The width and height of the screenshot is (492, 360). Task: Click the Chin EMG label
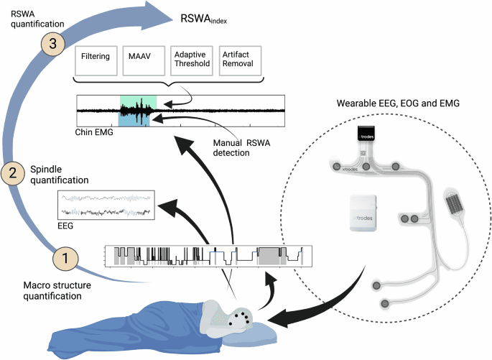pos(94,133)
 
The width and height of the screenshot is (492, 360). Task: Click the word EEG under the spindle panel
pos(65,225)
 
